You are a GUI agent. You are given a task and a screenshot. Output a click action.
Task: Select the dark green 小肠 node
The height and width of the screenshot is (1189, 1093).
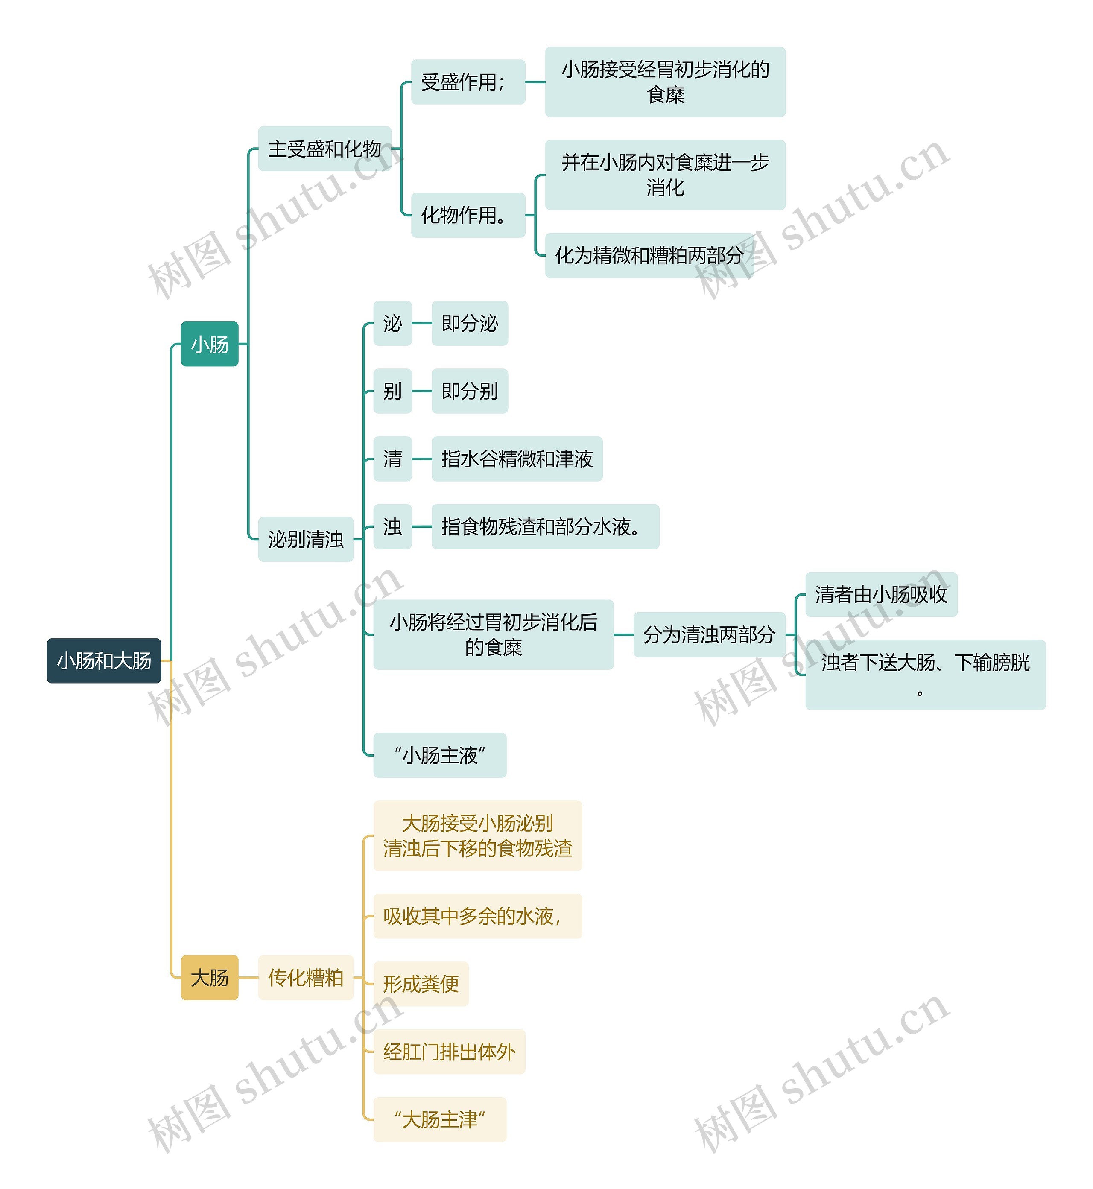209,344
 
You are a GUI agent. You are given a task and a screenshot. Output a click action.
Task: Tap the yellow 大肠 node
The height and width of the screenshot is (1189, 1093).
209,978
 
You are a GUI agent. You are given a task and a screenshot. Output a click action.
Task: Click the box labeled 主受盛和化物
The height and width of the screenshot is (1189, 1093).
325,149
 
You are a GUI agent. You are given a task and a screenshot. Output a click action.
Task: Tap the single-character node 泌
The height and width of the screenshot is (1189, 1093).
392,324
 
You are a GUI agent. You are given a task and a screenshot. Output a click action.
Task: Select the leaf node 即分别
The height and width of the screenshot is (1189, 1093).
470,391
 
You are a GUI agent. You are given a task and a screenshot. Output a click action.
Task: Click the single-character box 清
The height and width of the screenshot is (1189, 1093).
392,459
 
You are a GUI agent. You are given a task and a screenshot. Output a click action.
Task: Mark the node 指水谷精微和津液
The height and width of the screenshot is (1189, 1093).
517,459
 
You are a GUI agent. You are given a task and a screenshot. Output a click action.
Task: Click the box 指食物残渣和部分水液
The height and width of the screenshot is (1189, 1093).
545,526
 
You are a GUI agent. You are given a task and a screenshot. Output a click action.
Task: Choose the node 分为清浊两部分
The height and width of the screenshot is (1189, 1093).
709,635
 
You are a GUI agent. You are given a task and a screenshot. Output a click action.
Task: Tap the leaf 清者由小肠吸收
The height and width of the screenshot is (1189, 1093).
881,594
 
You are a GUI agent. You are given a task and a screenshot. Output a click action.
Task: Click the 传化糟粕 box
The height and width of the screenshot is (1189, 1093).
306,978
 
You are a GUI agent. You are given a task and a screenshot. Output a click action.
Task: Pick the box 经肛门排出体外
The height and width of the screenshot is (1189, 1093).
449,1052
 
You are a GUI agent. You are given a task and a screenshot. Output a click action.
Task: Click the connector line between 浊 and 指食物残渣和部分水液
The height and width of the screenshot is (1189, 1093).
422,526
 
